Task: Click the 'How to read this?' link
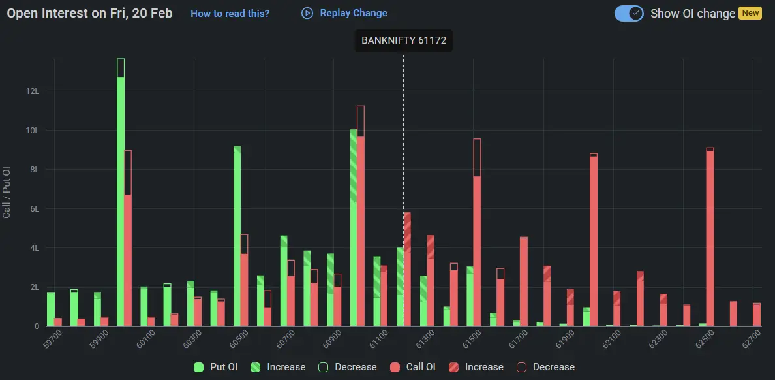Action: click(230, 13)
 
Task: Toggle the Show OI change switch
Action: click(629, 13)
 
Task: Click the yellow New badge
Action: click(750, 13)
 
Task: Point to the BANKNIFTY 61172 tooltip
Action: click(403, 40)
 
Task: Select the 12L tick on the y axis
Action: click(33, 91)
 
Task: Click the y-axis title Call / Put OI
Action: click(7, 192)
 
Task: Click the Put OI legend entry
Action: click(216, 367)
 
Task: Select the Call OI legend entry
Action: click(413, 367)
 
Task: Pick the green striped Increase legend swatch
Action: click(256, 367)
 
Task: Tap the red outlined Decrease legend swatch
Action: click(522, 367)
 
